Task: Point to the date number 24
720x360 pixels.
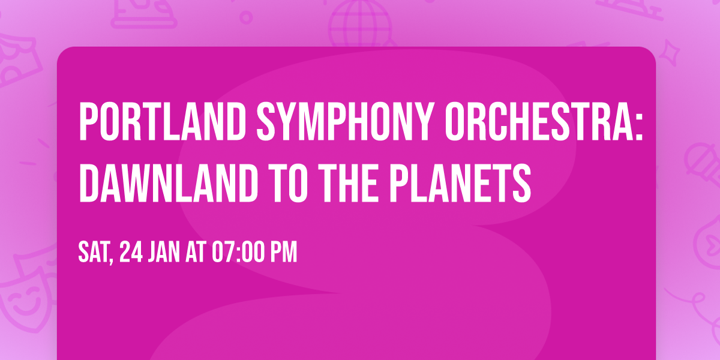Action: (x=131, y=253)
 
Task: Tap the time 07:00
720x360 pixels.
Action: (x=239, y=253)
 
